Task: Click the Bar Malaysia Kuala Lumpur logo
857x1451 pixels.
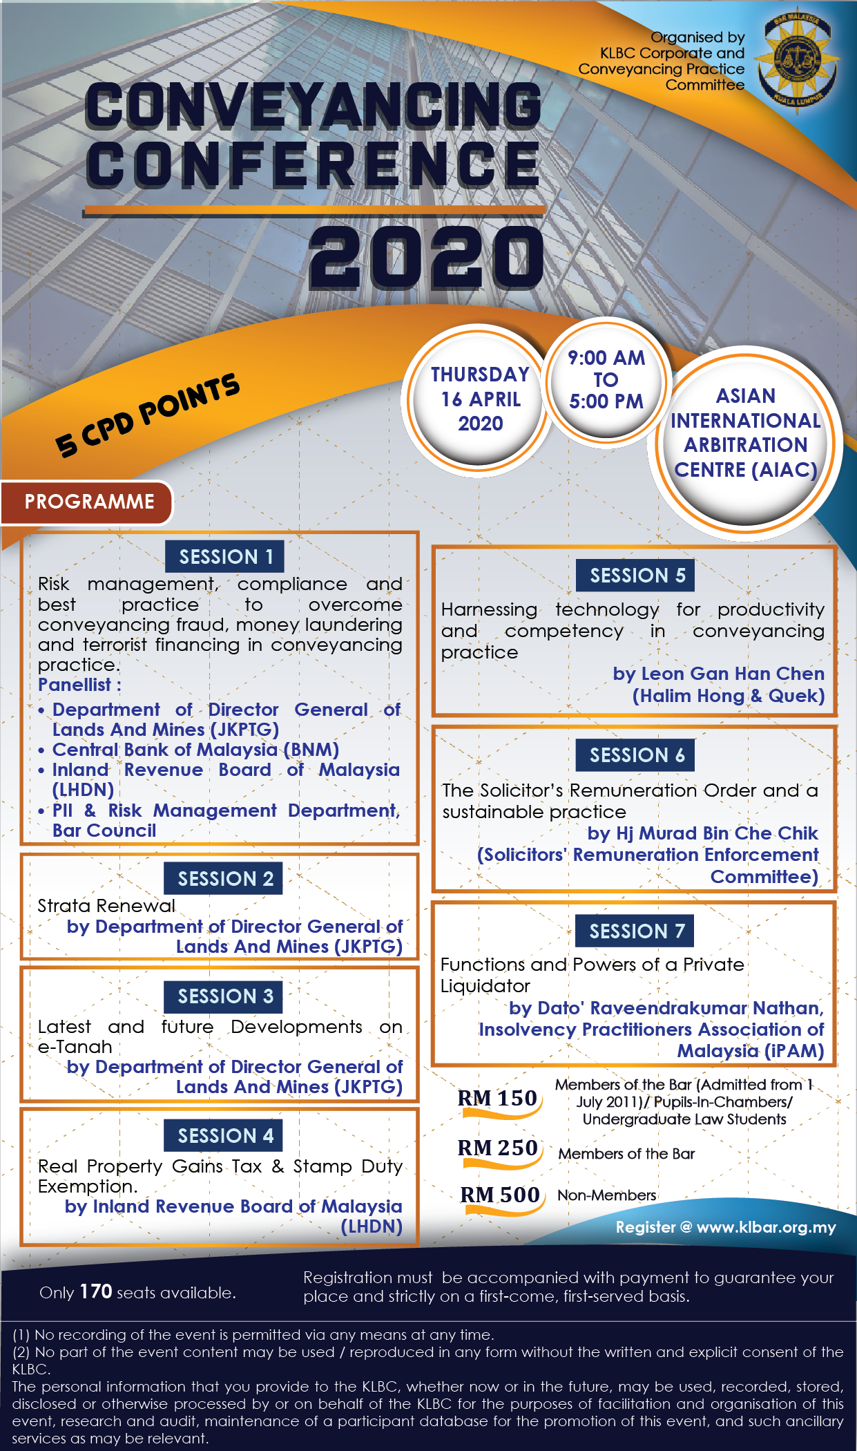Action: [798, 61]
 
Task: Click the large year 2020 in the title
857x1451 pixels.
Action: [426, 258]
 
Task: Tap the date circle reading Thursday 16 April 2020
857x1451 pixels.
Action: [480, 399]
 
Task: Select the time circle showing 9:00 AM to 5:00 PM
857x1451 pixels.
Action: [606, 379]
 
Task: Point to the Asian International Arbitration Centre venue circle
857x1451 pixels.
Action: [746, 433]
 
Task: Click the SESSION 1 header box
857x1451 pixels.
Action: [225, 557]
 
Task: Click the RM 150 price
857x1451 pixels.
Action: [497, 1098]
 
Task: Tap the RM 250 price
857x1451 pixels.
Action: [497, 1148]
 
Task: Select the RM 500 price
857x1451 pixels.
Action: [500, 1195]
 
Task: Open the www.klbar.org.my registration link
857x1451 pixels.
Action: [766, 1228]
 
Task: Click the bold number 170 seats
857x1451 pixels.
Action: [96, 1291]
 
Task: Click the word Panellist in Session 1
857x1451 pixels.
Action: [75, 685]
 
